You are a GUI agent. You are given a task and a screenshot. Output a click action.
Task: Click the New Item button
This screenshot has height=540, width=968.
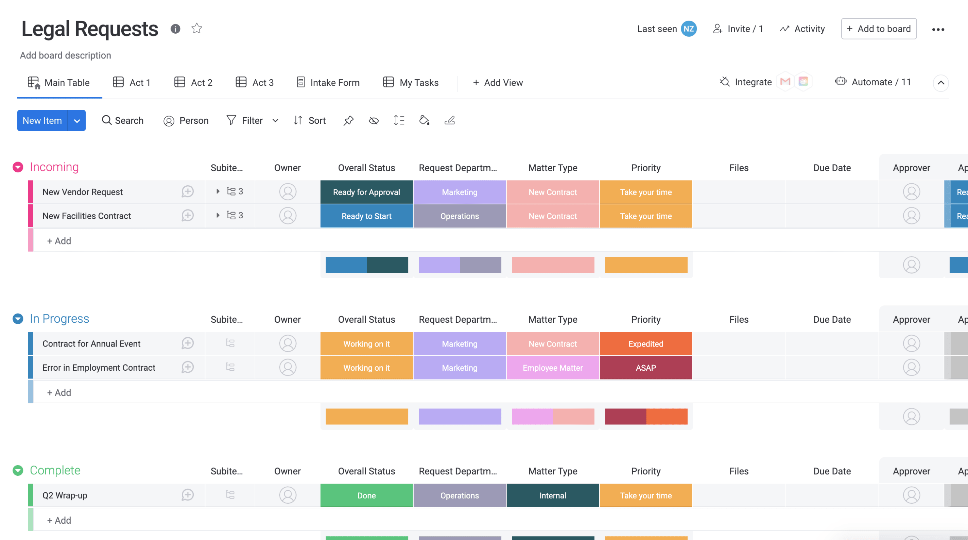(42, 120)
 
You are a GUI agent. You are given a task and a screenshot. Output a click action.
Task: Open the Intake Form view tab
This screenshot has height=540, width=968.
(328, 82)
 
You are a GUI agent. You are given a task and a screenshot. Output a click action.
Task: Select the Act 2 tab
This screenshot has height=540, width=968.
(193, 82)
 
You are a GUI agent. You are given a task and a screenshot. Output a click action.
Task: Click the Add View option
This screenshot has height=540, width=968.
(498, 82)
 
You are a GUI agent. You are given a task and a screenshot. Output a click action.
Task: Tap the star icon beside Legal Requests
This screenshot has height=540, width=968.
(196, 29)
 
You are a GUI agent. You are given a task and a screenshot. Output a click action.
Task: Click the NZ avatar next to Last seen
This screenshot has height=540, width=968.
(688, 29)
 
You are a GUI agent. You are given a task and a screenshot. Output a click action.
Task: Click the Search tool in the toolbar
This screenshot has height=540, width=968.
(122, 120)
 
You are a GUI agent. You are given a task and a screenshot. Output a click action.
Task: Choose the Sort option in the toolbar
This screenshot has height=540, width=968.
(309, 120)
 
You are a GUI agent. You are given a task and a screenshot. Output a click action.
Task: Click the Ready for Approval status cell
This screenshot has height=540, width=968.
(366, 192)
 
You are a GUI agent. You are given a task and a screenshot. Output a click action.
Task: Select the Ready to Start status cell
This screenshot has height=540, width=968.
(366, 216)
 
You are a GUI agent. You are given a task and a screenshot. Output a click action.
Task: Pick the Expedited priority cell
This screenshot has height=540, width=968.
(645, 344)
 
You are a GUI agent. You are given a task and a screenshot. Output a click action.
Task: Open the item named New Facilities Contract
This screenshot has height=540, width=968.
(87, 216)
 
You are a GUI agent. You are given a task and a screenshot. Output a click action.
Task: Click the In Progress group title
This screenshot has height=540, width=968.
(59, 319)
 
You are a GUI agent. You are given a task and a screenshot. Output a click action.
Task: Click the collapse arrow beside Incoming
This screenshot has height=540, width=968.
(18, 167)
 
